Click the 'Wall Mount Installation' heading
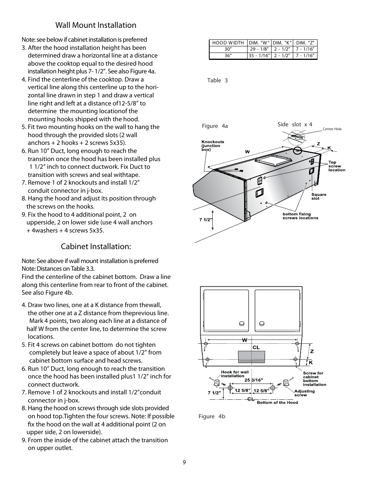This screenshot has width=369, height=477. tap(96, 25)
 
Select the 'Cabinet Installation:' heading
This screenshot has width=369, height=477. tap(96, 246)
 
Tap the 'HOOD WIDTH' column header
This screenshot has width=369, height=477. tap(228, 43)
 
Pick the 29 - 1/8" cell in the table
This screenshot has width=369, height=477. tap(259, 49)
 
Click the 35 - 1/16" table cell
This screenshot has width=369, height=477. tap(259, 56)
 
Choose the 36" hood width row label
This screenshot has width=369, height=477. tap(228, 56)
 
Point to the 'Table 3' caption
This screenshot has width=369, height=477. tap(217, 80)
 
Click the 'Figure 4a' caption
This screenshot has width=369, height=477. tap(215, 126)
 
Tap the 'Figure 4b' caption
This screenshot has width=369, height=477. tap(212, 416)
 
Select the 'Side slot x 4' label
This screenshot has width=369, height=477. tap(295, 124)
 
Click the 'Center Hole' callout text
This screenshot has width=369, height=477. tap(332, 129)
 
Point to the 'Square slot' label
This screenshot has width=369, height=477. tap(319, 197)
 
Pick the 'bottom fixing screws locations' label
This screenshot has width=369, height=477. tap(300, 216)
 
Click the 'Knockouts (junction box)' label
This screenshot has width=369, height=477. tap(212, 145)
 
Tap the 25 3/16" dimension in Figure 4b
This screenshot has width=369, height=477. tap(254, 380)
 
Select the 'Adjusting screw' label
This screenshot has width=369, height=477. tap(304, 393)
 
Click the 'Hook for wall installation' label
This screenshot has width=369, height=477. tap(235, 374)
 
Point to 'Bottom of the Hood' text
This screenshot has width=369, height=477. tap(277, 402)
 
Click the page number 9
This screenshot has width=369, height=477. tap(184, 463)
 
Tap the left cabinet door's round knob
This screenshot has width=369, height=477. tap(241, 323)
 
